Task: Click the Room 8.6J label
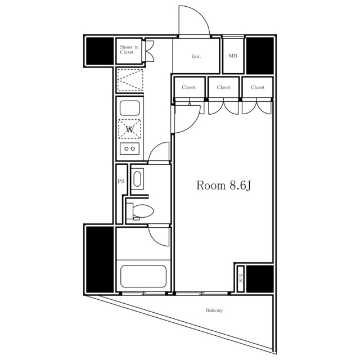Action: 223,186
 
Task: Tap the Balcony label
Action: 214,310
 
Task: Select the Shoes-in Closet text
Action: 129,49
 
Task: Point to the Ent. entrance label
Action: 196,56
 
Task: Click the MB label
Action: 233,56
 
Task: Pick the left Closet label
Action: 188,87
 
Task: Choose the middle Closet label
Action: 224,87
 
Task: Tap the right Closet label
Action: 258,87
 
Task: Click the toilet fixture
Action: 140,211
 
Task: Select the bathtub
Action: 143,276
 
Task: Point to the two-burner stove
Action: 130,148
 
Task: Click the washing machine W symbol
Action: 130,129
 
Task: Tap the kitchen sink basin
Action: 130,108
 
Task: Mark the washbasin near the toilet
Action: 138,179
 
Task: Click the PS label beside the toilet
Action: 121,181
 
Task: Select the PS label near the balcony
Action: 240,278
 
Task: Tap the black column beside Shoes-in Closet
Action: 100,51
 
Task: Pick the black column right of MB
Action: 260,56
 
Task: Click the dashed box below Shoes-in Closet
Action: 130,80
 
